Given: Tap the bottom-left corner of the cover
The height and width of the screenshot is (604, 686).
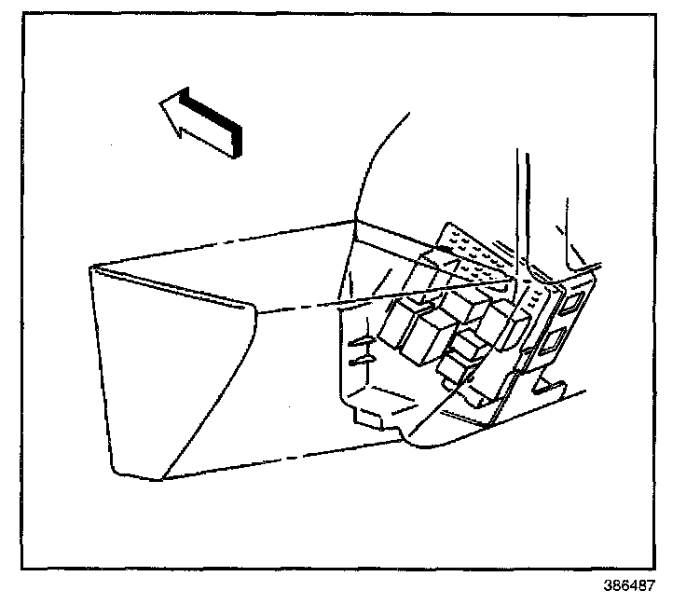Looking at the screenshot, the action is [164, 478].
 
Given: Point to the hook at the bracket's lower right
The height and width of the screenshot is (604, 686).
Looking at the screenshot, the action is [550, 382].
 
